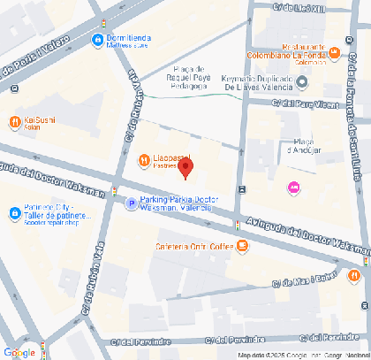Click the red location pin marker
[185, 167]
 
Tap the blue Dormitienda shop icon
[96, 39]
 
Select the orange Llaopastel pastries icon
[144, 159]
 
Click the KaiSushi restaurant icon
[14, 121]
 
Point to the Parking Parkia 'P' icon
[132, 203]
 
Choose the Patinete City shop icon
[14, 212]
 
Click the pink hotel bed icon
[293, 188]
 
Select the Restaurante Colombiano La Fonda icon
[332, 55]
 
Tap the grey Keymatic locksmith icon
[302, 82]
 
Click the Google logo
[19, 352]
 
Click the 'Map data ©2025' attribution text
[262, 356]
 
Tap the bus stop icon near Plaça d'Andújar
[242, 189]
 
